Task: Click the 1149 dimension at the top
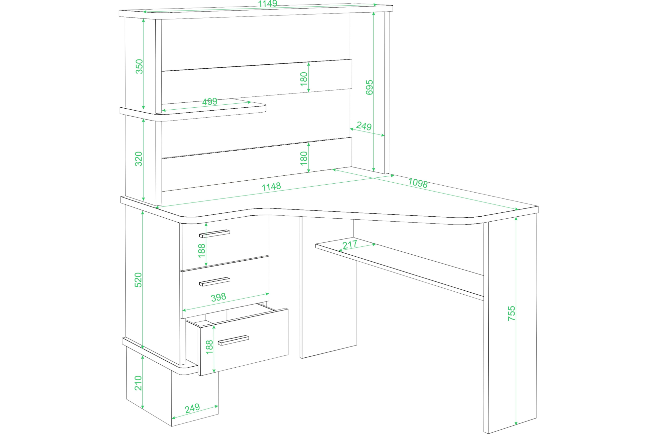pos(268,4)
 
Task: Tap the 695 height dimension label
pos(369,87)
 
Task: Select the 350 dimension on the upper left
pos(139,66)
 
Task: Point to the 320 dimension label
pos(139,159)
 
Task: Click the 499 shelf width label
pos(210,101)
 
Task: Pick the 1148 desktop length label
pos(271,187)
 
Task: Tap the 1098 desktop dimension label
pos(418,183)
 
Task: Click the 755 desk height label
pos(512,313)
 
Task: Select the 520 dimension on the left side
pos(138,280)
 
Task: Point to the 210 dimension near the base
pos(138,383)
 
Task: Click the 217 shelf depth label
pos(350,244)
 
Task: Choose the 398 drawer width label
pos(218,297)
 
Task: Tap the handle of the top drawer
pos(214,234)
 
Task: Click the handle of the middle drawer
pos(214,281)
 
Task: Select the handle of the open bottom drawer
pos(233,340)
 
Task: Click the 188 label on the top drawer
pos(202,251)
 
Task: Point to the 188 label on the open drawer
pos(210,347)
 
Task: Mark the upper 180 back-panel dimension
pos(304,79)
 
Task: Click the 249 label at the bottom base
pos(192,408)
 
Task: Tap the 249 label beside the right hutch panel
pos(364,126)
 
